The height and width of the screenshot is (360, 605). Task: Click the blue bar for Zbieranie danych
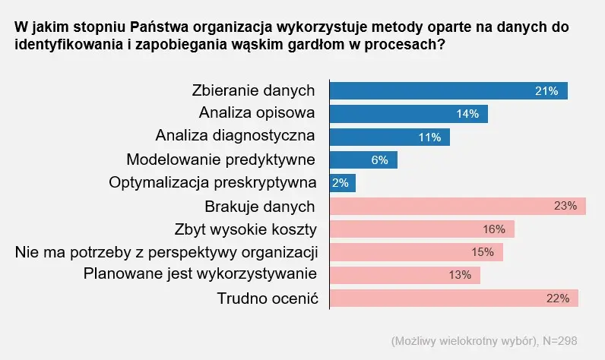tap(448, 90)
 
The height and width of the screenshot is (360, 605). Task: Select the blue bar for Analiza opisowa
tap(408, 114)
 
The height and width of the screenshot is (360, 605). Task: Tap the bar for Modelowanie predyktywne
tap(363, 160)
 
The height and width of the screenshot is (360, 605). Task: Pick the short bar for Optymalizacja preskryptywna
tap(343, 183)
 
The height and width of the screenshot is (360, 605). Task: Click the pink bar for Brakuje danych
tap(457, 206)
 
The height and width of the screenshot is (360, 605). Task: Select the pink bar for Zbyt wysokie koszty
tap(422, 229)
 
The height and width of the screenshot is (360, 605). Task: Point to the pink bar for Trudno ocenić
tap(454, 298)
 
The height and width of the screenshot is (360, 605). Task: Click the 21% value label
tap(546, 90)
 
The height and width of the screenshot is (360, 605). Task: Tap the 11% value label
tap(429, 137)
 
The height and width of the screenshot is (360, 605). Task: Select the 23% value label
tap(565, 206)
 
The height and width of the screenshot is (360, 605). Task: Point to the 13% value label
tap(460, 275)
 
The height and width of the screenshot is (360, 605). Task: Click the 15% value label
tap(483, 252)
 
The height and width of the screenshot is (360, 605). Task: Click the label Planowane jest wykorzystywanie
tap(200, 273)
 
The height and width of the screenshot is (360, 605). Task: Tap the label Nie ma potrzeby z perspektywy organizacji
tap(166, 251)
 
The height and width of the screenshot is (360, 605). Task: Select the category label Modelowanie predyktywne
tap(220, 159)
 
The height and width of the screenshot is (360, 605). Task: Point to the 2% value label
tap(341, 183)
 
